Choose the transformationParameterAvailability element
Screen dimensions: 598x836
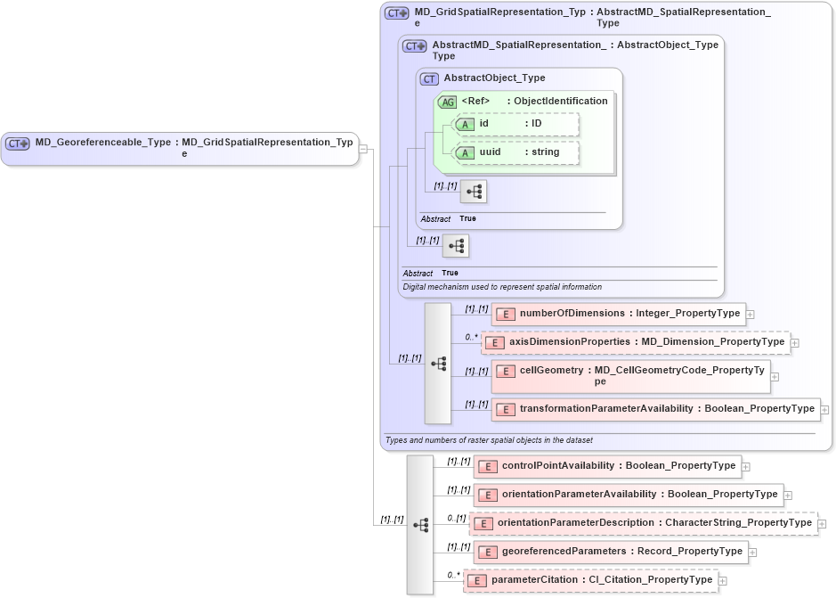(655, 409)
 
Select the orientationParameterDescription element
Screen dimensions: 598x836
(643, 523)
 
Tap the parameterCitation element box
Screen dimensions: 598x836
(590, 580)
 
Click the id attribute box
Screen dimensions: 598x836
(516, 124)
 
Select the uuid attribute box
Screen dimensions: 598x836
(516, 152)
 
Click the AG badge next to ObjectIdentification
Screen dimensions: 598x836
(448, 102)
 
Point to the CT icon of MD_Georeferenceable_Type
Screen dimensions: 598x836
(18, 143)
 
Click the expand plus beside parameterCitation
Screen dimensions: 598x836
(722, 581)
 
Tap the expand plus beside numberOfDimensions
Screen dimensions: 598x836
(751, 315)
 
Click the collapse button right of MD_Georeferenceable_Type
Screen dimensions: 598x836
(363, 148)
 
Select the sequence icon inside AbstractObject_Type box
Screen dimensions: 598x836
(474, 191)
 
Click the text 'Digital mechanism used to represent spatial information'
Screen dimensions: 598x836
(502, 287)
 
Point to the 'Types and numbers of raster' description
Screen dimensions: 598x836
(488, 440)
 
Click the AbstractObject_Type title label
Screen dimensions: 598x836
(494, 78)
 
